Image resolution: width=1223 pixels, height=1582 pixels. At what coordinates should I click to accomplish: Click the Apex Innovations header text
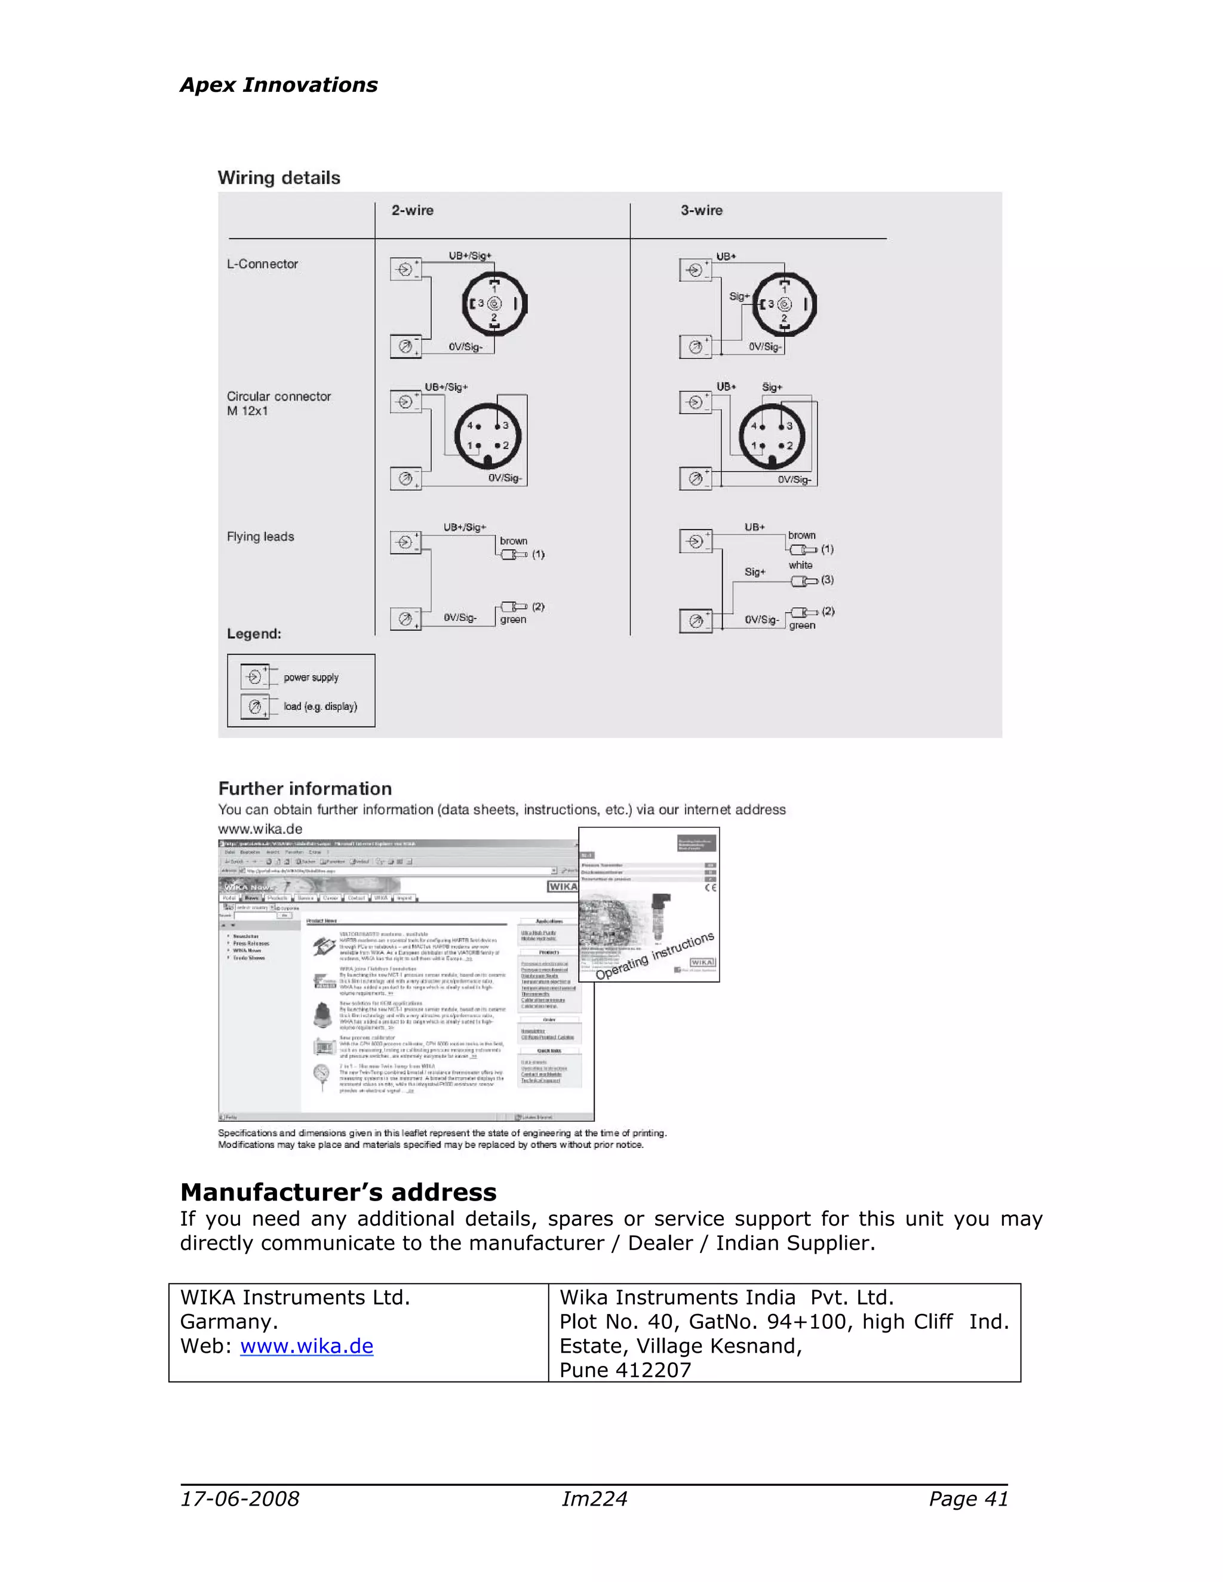278,85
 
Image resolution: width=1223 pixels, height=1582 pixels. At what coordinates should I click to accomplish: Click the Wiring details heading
279,177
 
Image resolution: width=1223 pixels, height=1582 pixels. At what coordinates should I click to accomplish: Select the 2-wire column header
412,210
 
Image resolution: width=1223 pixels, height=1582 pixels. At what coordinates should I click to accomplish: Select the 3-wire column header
700,210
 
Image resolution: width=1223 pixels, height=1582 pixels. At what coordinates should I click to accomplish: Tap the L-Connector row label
262,264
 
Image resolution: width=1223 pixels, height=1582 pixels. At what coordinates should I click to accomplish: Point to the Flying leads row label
260,536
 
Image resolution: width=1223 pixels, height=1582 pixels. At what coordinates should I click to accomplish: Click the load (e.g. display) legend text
320,706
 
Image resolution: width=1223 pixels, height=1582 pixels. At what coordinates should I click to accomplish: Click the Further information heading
305,788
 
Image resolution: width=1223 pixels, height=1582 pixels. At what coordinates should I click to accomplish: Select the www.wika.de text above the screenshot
260,829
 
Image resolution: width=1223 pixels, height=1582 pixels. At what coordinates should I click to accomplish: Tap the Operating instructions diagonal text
655,956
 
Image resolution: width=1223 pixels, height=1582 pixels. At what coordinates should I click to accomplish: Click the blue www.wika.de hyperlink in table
306,1346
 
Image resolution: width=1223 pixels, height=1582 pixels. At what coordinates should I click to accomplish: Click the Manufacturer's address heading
339,1192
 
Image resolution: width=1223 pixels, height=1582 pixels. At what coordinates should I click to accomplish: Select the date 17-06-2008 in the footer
240,1498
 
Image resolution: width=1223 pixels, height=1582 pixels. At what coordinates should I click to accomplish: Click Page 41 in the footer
968,1498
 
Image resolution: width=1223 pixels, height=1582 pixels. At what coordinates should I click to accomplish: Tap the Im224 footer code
594,1498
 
